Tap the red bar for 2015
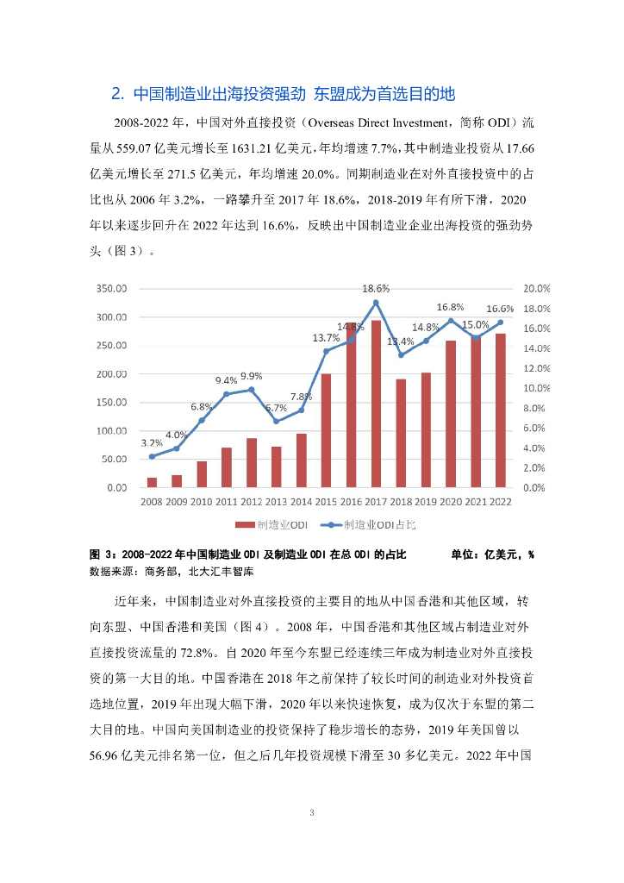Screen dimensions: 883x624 (x=326, y=430)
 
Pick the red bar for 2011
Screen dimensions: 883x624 (x=227, y=467)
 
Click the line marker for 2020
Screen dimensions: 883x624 (x=451, y=321)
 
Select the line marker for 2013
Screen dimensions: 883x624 (x=276, y=421)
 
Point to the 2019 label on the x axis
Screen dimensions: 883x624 (x=426, y=501)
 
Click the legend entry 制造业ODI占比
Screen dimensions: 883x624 (x=379, y=523)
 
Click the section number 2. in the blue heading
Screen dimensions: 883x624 (x=120, y=93)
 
